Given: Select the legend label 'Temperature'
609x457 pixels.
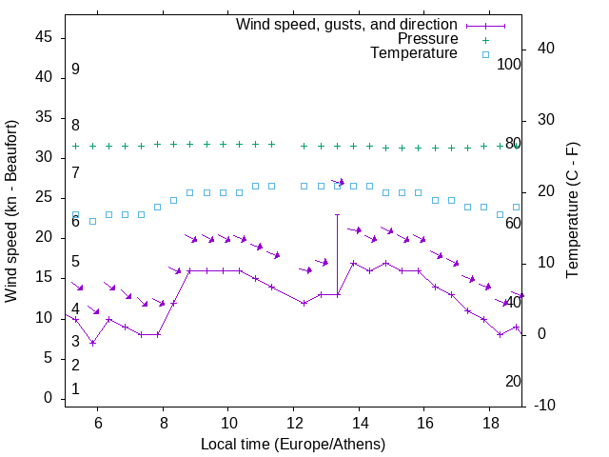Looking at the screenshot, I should [x=414, y=53].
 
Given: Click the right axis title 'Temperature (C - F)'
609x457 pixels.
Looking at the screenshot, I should [x=572, y=211].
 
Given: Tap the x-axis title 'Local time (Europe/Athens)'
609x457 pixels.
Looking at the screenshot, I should [x=293, y=445].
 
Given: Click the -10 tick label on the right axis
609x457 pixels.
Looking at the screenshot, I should [x=544, y=406].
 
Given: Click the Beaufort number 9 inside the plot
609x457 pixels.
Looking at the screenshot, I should [x=75, y=70].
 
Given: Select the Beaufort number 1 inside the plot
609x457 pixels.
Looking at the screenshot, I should [x=75, y=388].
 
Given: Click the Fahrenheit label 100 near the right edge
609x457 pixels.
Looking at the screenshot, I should [x=510, y=64].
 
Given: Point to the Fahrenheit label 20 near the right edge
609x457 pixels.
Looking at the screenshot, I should [x=513, y=381].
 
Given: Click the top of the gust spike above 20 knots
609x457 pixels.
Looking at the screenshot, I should [x=337, y=215].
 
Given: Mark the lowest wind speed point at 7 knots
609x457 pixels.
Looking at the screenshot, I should [x=92, y=343].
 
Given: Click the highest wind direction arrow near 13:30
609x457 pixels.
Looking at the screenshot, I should [x=339, y=181].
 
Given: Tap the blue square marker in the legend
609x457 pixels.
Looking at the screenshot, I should [x=485, y=54].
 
